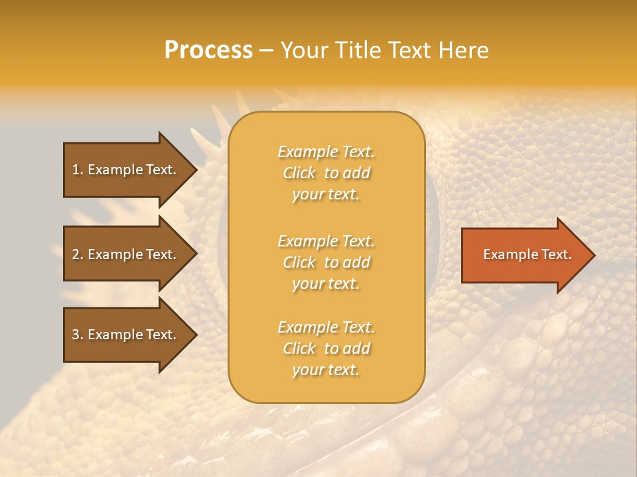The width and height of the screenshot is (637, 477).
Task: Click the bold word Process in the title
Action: [x=208, y=50]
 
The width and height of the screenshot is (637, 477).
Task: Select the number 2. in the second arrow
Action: [x=78, y=254]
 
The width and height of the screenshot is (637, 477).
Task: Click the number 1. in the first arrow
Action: [x=78, y=170]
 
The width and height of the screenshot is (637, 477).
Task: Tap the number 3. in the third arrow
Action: [x=78, y=335]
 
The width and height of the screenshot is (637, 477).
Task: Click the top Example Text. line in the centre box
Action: [x=326, y=152]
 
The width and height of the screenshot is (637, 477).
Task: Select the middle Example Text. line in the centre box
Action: [x=326, y=241]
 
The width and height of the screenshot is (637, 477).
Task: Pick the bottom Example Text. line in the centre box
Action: [x=326, y=327]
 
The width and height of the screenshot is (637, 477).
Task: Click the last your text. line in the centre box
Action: [x=326, y=370]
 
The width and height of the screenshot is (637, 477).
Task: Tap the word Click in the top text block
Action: [x=299, y=173]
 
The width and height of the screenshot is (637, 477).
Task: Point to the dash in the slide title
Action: [x=266, y=51]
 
